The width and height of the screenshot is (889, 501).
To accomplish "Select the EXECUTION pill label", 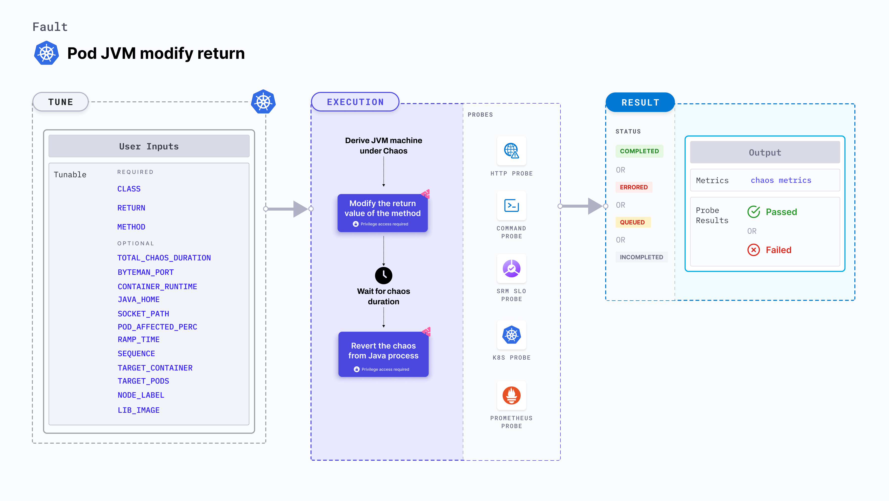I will click(355, 102).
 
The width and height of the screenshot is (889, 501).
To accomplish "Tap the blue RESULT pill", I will click(640, 103).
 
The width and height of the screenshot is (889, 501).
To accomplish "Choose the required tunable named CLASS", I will click(129, 189).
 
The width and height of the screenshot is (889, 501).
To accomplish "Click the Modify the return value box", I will click(382, 213).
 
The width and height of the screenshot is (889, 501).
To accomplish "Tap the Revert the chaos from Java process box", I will click(383, 354).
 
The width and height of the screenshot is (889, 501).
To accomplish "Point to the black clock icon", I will click(383, 275).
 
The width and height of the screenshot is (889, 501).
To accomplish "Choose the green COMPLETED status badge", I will click(639, 151).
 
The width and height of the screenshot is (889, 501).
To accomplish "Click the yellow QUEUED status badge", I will click(632, 222).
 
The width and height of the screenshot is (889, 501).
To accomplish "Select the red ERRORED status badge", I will click(634, 187).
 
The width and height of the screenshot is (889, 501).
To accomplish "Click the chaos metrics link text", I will click(781, 180).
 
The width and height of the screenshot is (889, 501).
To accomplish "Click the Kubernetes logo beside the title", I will click(46, 53).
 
